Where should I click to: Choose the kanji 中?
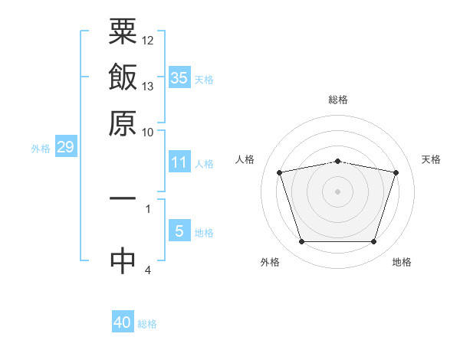[x=123, y=260]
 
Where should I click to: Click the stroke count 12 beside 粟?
[x=148, y=40]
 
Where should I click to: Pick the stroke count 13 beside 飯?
[x=148, y=85]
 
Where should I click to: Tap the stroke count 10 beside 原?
[x=148, y=131]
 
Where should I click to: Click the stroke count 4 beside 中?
[x=148, y=270]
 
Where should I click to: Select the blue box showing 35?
[x=179, y=77]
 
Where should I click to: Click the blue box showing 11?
[x=179, y=162]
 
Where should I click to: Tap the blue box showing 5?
[x=179, y=231]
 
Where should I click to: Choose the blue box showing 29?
[x=65, y=147]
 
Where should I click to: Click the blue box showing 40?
[x=123, y=322]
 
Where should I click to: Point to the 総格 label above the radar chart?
[x=338, y=100]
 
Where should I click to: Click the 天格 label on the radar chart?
[x=432, y=159]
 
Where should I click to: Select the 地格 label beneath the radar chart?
[x=402, y=262]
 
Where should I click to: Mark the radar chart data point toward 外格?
[x=301, y=242]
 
